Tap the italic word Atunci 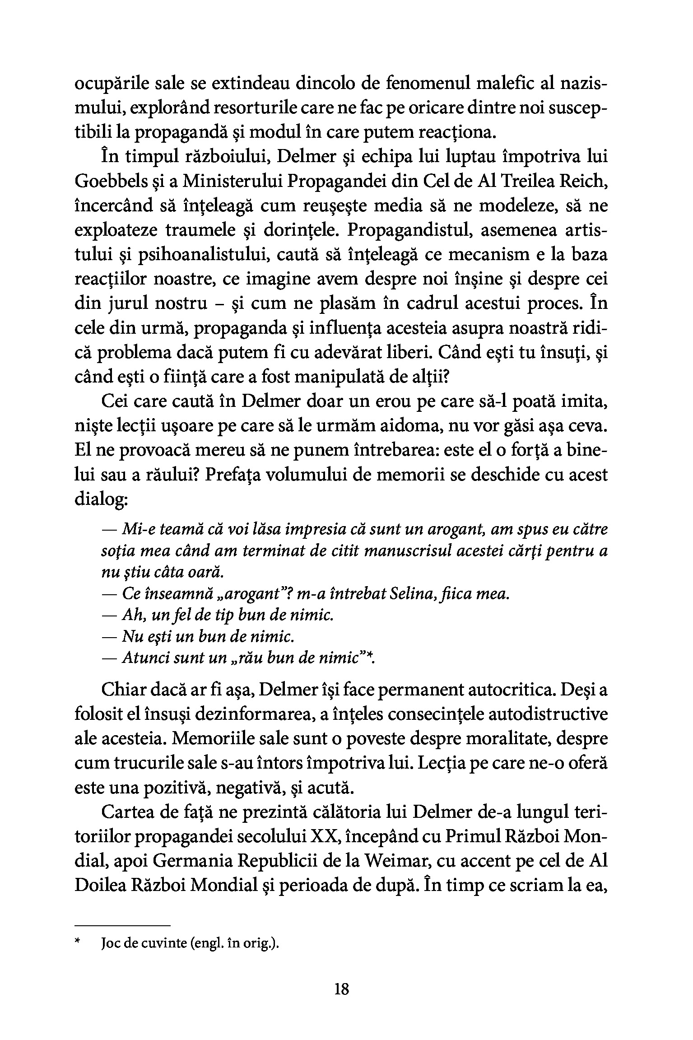pos(143,658)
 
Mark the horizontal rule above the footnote pos(122,925)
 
